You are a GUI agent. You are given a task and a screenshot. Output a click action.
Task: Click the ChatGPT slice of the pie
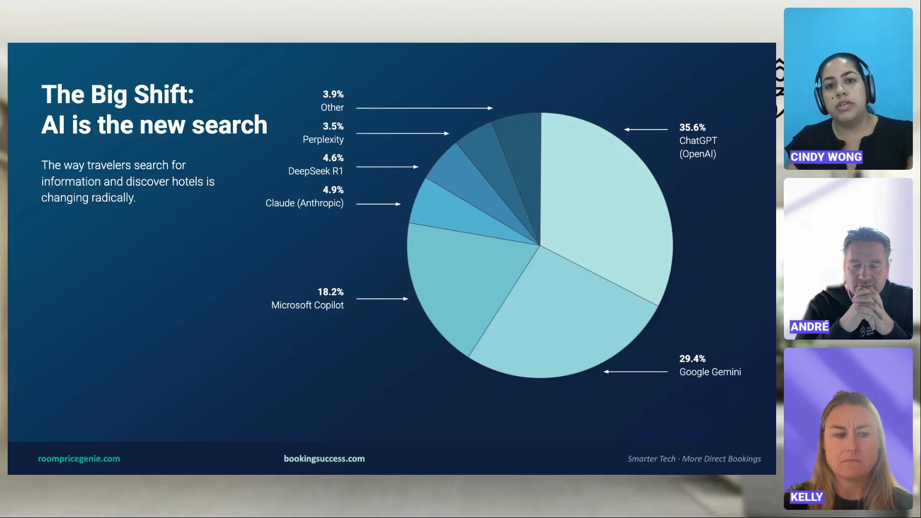(x=609, y=201)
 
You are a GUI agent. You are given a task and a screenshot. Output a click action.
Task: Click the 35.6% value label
(x=692, y=128)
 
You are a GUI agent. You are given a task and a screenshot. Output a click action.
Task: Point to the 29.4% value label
(x=692, y=359)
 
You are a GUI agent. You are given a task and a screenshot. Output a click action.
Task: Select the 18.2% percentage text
(x=331, y=292)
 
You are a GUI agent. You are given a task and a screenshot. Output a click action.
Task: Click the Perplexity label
(x=323, y=140)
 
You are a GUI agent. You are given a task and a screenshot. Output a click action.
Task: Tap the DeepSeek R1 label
(x=316, y=171)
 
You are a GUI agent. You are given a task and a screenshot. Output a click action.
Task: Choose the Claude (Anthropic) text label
(x=305, y=203)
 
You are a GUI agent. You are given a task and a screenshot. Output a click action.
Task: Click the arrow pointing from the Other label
(x=425, y=108)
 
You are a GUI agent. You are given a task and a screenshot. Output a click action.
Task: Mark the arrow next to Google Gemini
(x=636, y=372)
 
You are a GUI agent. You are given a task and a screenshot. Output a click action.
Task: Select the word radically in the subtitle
(x=113, y=198)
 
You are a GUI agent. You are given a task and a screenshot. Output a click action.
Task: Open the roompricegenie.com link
(x=79, y=459)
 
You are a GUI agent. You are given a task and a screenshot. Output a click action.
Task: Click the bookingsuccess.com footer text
(x=324, y=459)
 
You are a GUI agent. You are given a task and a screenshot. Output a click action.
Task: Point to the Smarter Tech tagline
(x=694, y=459)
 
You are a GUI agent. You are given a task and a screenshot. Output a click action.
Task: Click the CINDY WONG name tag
(x=826, y=157)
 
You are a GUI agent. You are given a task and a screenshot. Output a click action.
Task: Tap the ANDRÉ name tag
(x=810, y=327)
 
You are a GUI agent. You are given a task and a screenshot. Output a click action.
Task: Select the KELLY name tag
(x=807, y=497)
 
